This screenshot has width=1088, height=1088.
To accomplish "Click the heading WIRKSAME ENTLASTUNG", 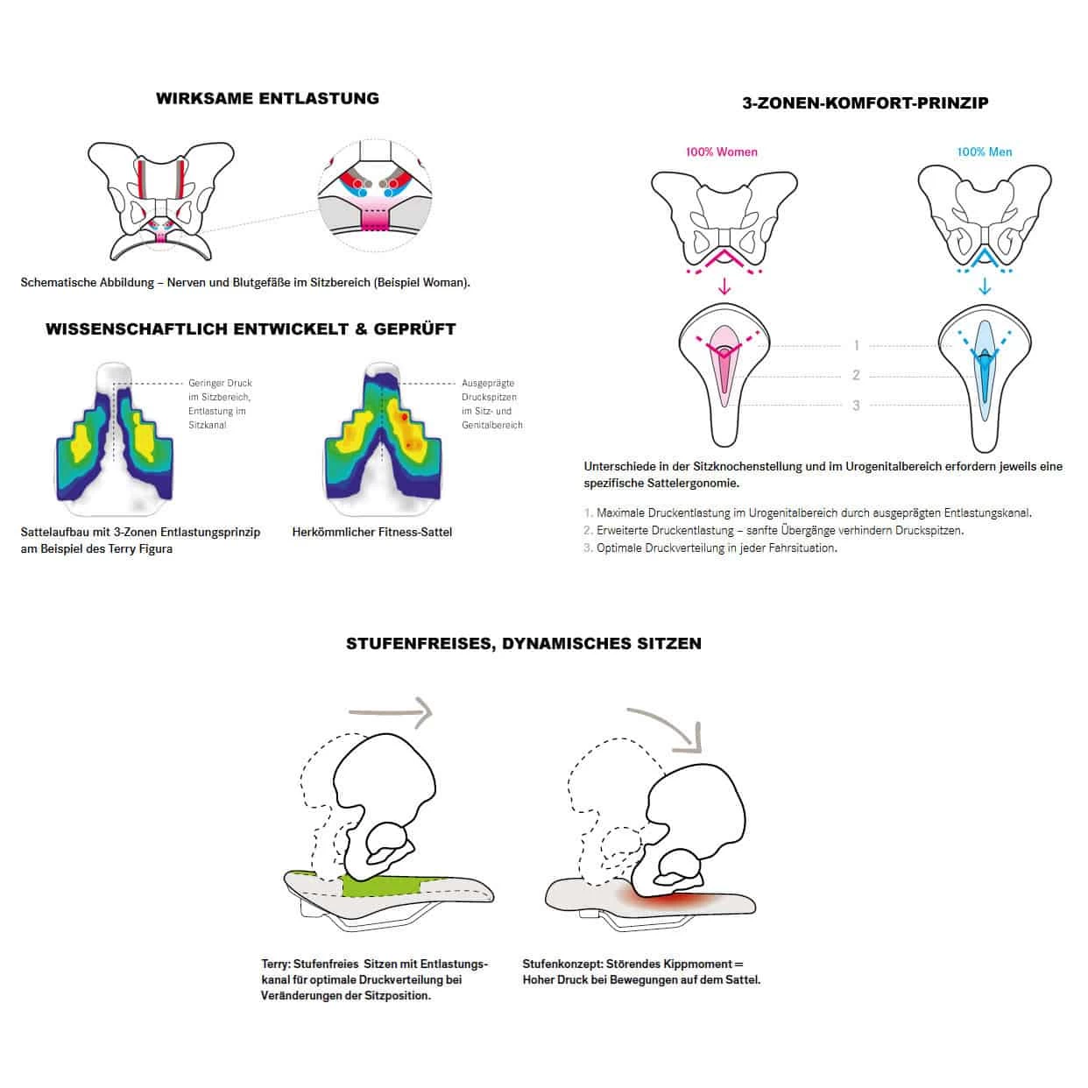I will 267,99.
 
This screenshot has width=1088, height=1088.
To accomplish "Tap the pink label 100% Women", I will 721,152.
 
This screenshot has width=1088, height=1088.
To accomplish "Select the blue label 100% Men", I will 984,152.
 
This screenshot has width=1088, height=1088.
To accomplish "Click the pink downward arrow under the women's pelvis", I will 724,286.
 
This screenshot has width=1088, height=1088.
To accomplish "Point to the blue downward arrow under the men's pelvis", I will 985,286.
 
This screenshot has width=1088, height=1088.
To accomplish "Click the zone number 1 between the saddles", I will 856,346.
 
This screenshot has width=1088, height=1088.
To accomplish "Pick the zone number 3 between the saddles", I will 856,405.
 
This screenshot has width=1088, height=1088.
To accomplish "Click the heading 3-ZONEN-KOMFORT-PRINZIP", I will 865,103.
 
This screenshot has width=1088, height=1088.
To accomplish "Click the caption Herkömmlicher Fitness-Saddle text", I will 371,532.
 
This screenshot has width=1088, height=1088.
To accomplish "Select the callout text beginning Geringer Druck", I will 219,404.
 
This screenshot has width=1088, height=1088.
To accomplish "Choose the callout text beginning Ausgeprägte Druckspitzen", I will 491,404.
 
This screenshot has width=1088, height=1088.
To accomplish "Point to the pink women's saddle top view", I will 724,377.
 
